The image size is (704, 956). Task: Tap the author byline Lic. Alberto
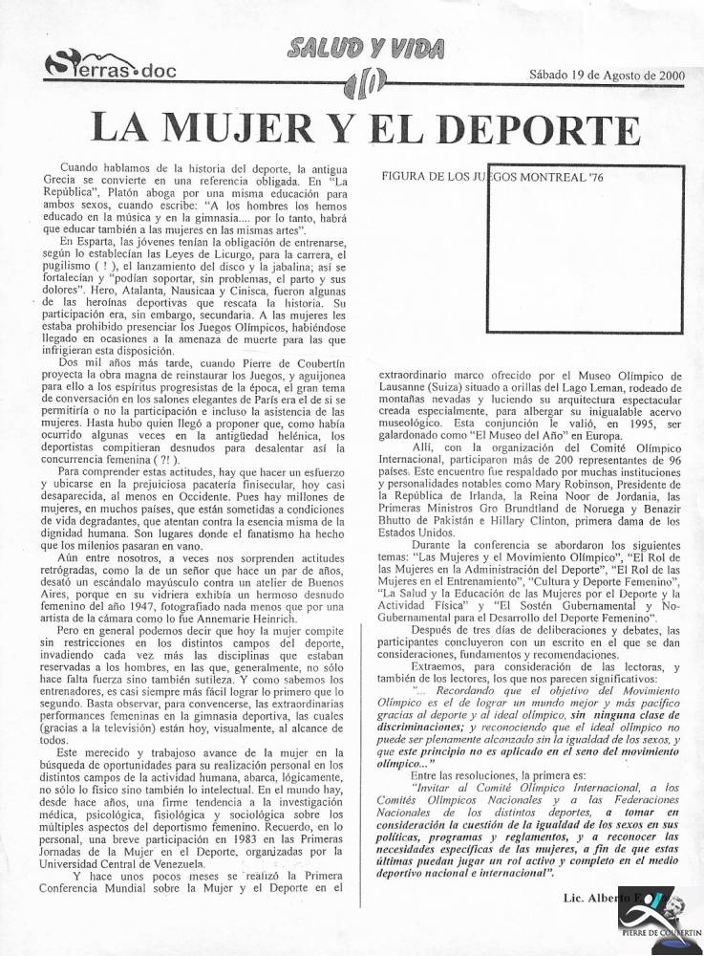coord(588,900)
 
